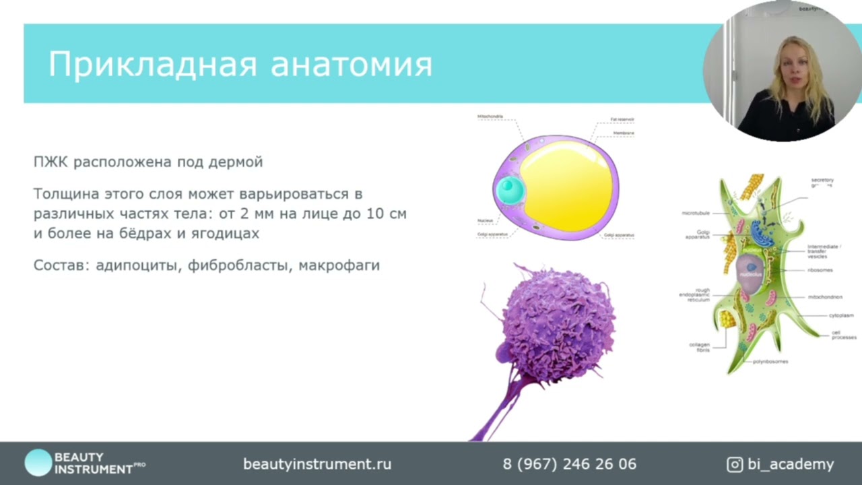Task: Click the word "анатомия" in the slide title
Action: point(351,65)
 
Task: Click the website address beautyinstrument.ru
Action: point(317,464)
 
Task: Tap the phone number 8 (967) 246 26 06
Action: point(569,464)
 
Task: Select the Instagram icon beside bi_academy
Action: point(735,464)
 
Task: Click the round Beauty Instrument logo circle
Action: point(38,463)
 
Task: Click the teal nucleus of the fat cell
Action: point(510,190)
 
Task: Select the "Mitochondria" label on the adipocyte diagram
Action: point(490,117)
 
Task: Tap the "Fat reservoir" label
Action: point(622,119)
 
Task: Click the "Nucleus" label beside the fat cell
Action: point(485,221)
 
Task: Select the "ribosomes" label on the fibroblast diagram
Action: point(820,270)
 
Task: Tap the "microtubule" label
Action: point(696,213)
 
